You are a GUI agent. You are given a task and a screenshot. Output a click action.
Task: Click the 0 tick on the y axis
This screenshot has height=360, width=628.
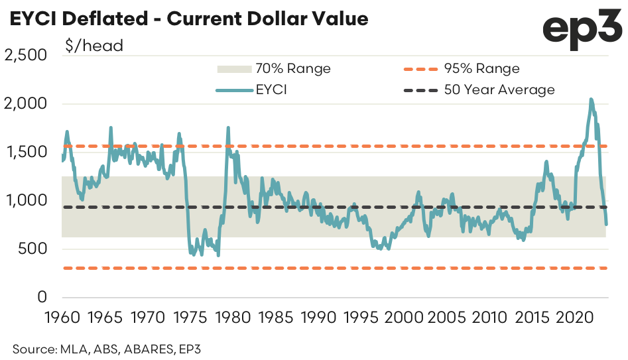click(x=42, y=297)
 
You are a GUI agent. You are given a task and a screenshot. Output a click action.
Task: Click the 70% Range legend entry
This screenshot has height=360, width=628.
click(x=292, y=69)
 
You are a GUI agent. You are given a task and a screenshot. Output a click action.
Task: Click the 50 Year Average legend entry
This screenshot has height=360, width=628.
click(x=499, y=90)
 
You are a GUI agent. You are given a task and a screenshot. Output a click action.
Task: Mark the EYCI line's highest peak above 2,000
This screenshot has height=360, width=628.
click(x=591, y=100)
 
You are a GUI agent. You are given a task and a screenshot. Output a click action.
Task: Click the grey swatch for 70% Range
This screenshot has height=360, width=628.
click(x=232, y=69)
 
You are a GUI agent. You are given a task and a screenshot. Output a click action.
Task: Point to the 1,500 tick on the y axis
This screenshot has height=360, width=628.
click(x=27, y=152)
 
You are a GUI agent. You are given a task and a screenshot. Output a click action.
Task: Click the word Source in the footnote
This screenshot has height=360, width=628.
click(x=30, y=347)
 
